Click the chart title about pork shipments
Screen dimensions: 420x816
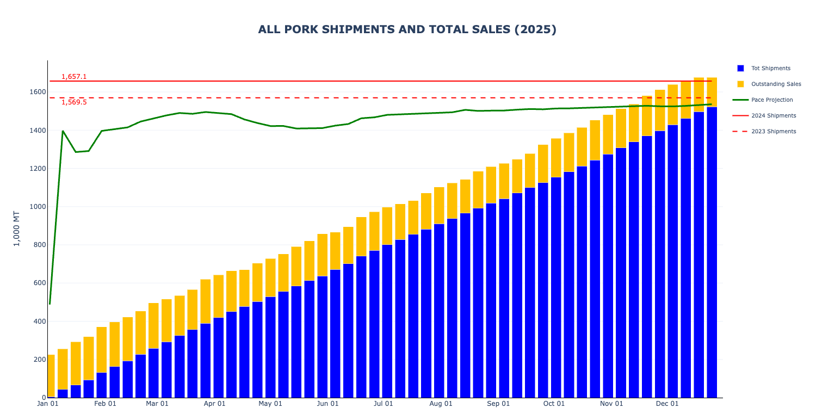(x=407, y=29)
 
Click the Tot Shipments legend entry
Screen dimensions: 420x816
(x=770, y=69)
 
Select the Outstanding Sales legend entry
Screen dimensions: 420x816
(x=776, y=84)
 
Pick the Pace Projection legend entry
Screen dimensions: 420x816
(x=772, y=100)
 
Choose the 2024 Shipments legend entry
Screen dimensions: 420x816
(x=774, y=116)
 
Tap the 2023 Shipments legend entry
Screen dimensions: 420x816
(x=774, y=132)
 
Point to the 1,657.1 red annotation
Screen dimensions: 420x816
(x=74, y=77)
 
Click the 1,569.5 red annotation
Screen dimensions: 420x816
(x=74, y=102)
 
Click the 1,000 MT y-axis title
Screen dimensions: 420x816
(x=17, y=228)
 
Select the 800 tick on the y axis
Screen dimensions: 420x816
(x=38, y=245)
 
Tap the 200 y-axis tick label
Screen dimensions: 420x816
(x=38, y=360)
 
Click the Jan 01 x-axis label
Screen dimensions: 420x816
(x=48, y=404)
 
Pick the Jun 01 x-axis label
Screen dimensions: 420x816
(x=327, y=404)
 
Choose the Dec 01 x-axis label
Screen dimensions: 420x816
(x=667, y=404)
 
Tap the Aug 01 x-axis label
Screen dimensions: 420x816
(x=441, y=404)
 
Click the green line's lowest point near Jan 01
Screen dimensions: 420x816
(x=50, y=304)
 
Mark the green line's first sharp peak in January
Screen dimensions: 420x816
(x=63, y=131)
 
